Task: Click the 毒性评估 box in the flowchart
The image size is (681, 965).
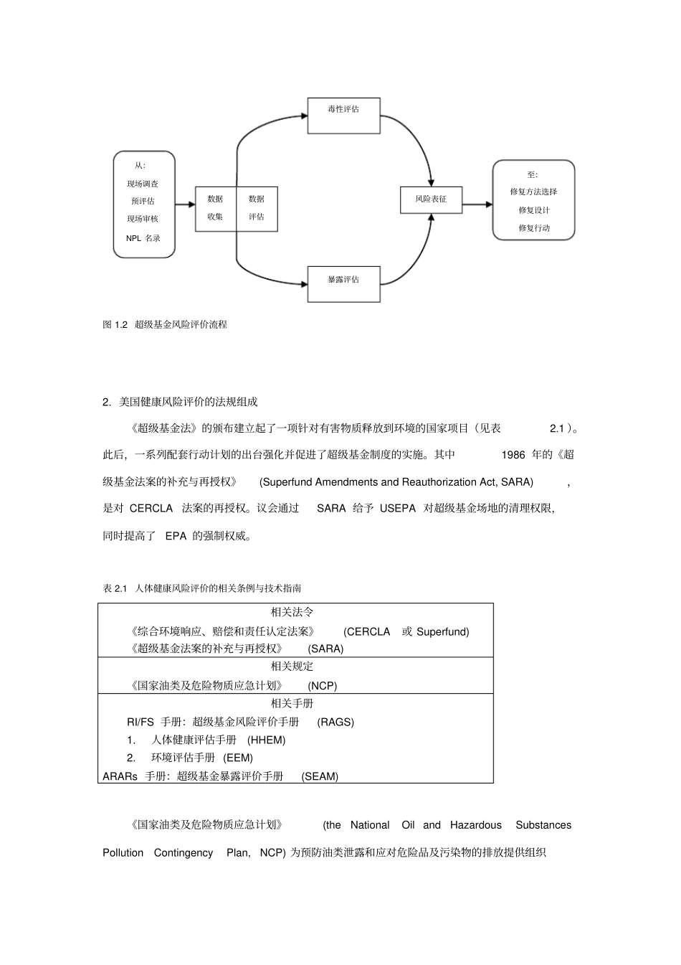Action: tap(343, 116)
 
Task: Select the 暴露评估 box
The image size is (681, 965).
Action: tap(343, 284)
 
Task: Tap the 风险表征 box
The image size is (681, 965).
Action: tap(431, 199)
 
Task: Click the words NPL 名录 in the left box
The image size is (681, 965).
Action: tap(143, 238)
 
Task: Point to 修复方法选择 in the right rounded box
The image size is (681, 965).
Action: tap(533, 192)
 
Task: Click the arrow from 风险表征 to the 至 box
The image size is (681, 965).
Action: tap(477, 204)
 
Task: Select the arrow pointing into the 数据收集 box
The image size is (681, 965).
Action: tap(185, 204)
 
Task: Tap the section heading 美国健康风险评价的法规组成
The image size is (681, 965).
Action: tap(188, 402)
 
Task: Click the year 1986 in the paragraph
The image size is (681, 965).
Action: tap(513, 455)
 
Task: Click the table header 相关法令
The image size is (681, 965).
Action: tap(292, 612)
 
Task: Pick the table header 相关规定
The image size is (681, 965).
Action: tap(292, 666)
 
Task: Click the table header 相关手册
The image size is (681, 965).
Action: tap(292, 703)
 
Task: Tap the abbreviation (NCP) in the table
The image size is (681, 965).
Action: tap(323, 685)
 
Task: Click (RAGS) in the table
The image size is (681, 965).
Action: tap(335, 722)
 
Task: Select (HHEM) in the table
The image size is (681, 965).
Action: tap(267, 740)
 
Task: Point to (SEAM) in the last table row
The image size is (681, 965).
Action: tap(320, 776)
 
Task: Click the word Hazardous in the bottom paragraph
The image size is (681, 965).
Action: tap(476, 825)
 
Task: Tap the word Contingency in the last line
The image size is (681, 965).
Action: tap(184, 853)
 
